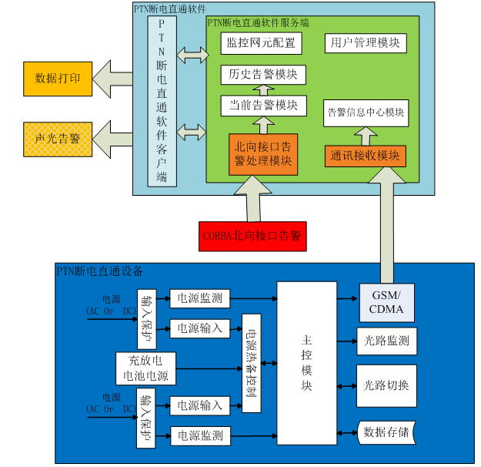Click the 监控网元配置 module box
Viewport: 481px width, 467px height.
click(x=261, y=43)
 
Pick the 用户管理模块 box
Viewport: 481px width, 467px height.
click(x=365, y=43)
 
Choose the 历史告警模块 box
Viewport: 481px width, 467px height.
click(x=263, y=75)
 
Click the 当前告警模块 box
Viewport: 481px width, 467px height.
click(x=263, y=106)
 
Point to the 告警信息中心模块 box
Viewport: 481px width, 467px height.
click(x=366, y=113)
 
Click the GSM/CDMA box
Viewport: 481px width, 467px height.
click(x=386, y=303)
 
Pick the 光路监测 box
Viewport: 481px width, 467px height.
click(x=386, y=340)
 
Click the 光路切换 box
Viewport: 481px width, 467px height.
click(x=386, y=385)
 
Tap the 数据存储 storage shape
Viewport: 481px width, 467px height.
click(x=386, y=431)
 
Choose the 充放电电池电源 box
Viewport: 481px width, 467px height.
click(x=146, y=368)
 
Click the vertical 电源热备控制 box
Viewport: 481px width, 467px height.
click(x=252, y=362)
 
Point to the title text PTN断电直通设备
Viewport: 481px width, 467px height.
click(x=100, y=271)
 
